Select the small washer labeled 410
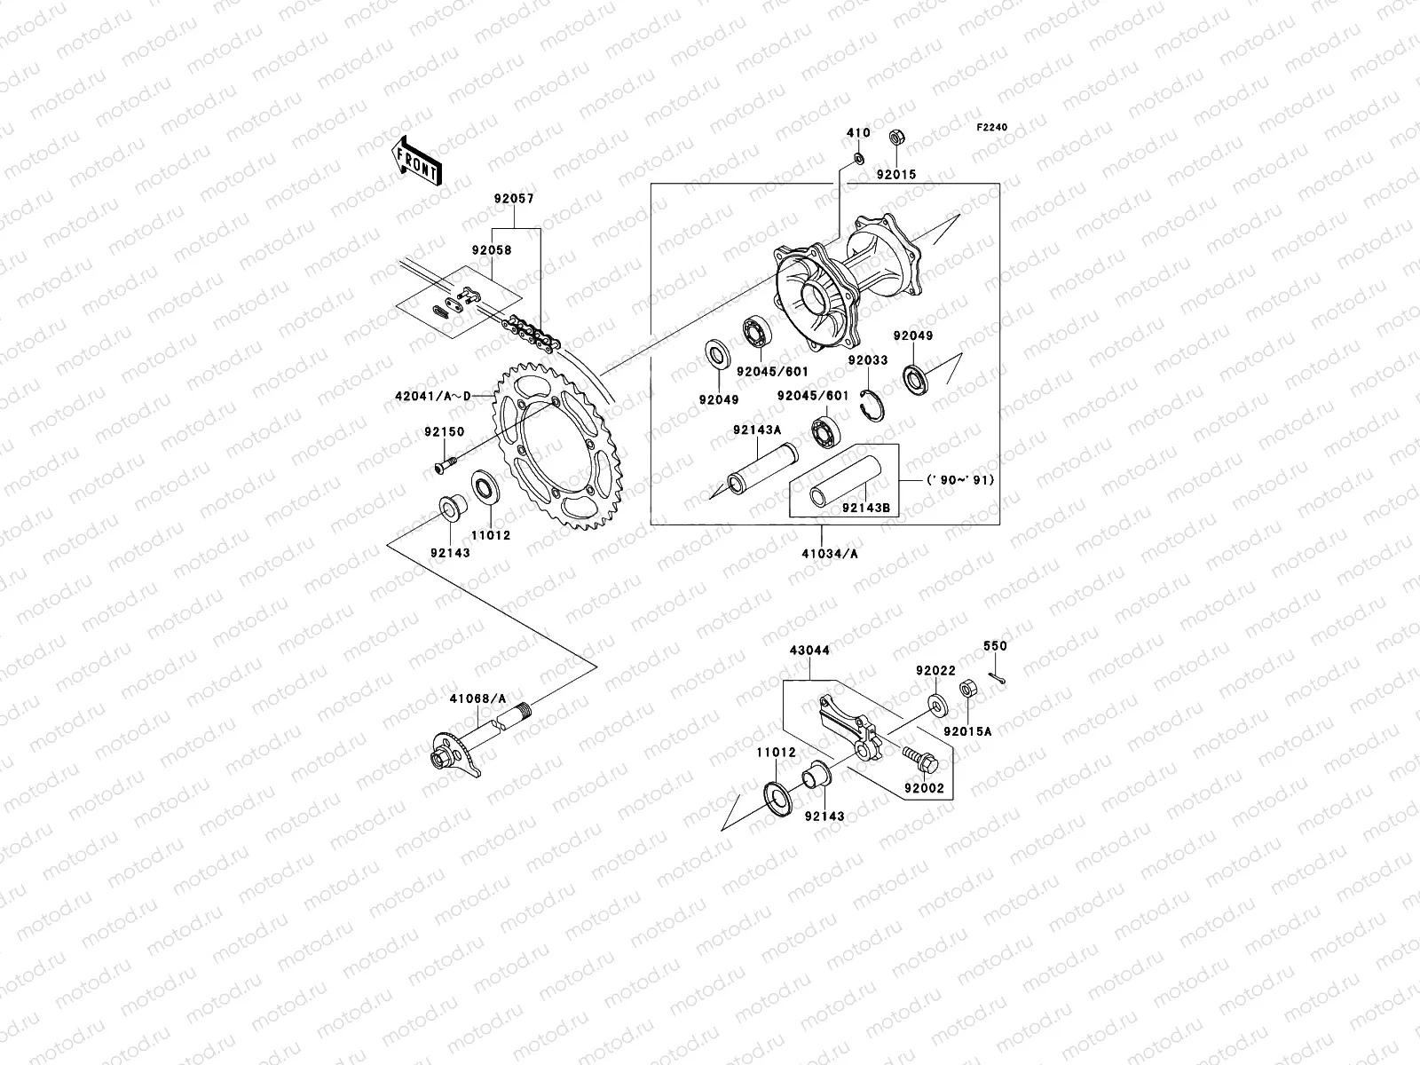click(x=858, y=158)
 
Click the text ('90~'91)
click(x=959, y=480)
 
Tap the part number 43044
click(x=809, y=651)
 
